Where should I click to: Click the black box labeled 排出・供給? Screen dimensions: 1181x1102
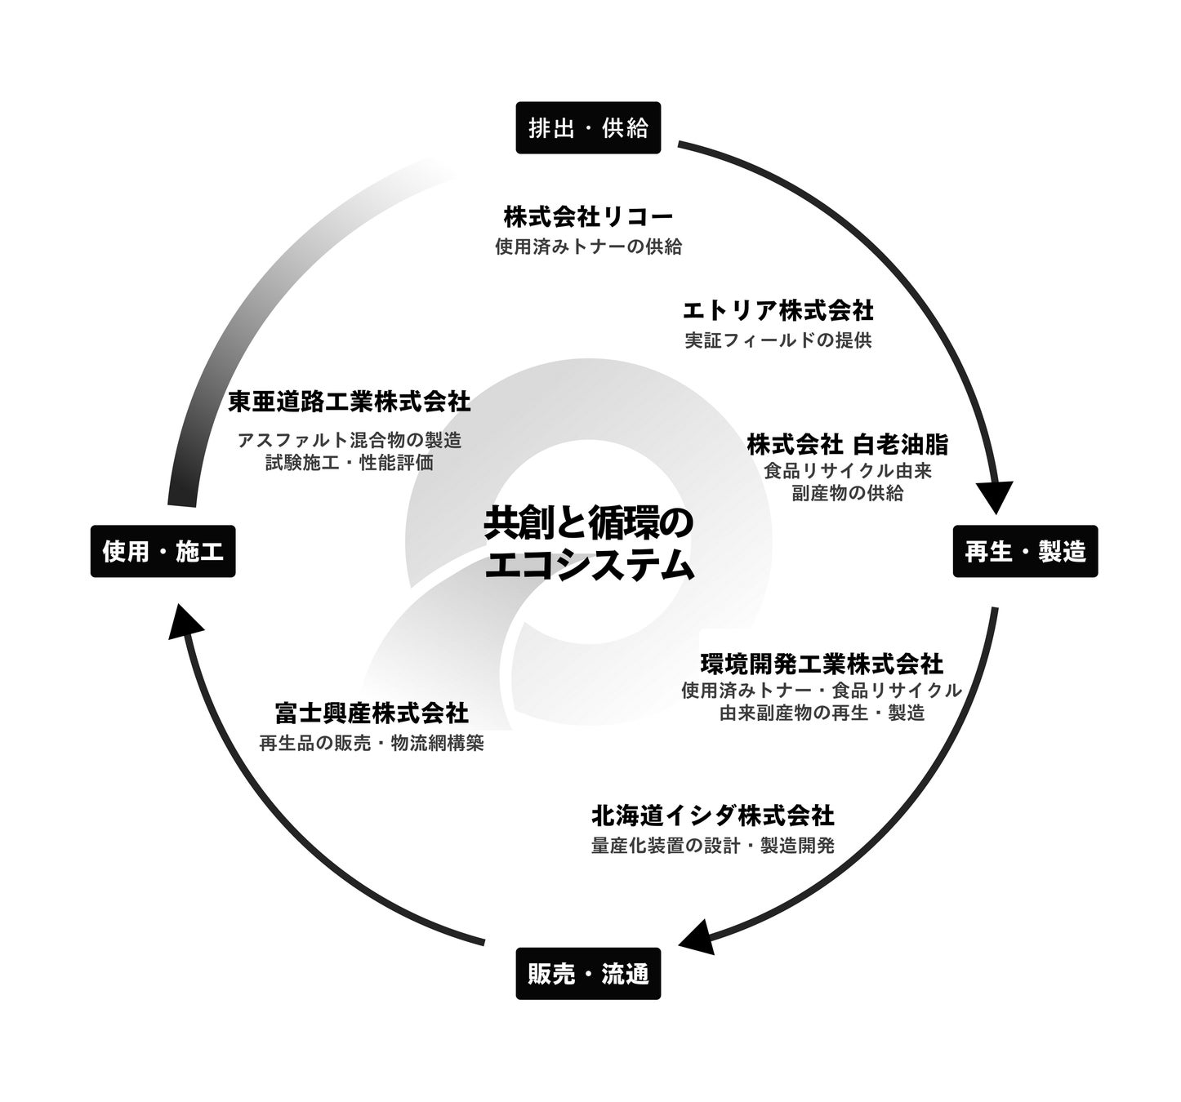click(587, 128)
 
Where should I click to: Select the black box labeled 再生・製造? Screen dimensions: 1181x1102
click(1025, 552)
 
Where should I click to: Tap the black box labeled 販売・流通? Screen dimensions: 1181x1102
click(587, 974)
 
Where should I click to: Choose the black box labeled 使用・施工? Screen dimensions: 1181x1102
click(163, 552)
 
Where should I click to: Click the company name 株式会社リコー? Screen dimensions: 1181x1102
click(588, 217)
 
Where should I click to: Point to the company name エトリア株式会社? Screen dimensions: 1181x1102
click(778, 311)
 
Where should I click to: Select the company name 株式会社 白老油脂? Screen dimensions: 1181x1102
click(847, 445)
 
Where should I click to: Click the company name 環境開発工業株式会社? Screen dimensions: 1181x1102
click(822, 662)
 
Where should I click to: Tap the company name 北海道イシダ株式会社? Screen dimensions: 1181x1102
click(712, 815)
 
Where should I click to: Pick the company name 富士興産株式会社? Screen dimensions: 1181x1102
click(372, 713)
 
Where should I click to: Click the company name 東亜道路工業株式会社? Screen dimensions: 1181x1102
click(350, 402)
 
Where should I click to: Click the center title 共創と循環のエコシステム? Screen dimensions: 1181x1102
click(588, 544)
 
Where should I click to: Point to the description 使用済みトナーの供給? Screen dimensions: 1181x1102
click(588, 247)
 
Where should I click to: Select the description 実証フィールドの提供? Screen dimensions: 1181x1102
click(778, 340)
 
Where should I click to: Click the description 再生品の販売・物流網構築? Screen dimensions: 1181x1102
click(372, 744)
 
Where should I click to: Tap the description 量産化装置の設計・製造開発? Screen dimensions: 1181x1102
click(712, 846)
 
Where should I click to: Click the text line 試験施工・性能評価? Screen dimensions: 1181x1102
click(350, 463)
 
